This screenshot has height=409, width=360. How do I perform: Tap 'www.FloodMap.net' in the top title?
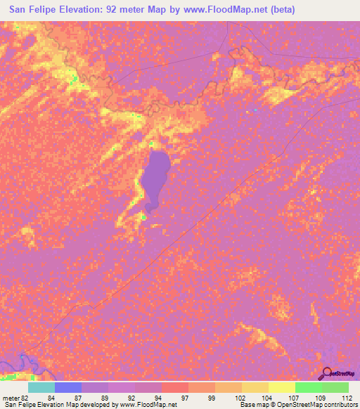(213, 9)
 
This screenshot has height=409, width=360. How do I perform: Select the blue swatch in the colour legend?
(67, 387)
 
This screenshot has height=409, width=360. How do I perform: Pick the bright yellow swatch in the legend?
(281, 387)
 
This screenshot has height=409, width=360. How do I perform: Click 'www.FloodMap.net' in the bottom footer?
(148, 405)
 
